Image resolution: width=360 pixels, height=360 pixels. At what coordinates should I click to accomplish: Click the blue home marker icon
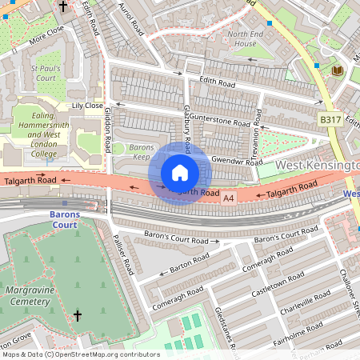[180, 173]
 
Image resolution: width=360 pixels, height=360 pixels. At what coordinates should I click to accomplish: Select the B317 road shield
[330, 119]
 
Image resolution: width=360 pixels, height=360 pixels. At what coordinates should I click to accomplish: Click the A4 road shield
[229, 198]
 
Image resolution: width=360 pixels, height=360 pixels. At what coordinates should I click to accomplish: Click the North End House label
[250, 38]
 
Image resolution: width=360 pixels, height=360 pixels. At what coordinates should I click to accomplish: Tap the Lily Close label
[87, 106]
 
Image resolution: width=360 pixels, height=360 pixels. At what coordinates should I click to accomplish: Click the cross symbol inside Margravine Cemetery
[78, 315]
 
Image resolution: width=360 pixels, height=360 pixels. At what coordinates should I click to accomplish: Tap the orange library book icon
[337, 71]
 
